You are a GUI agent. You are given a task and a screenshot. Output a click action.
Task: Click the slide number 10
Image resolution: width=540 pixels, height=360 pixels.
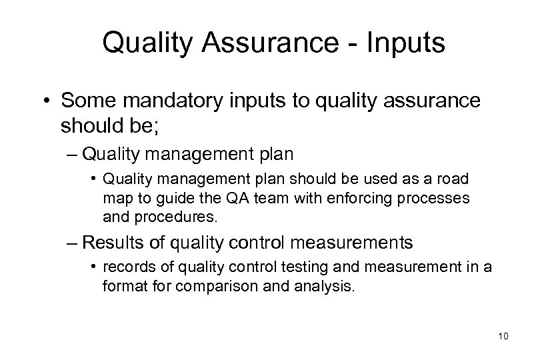503,337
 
